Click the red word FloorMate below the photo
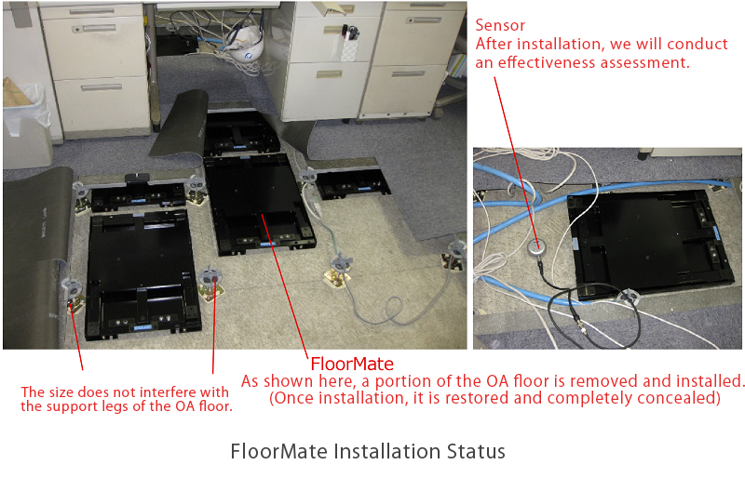pos(351,364)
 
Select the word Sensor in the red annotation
pos(500,26)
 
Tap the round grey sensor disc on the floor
pos(535,246)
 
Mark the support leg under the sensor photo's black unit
pos(630,295)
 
